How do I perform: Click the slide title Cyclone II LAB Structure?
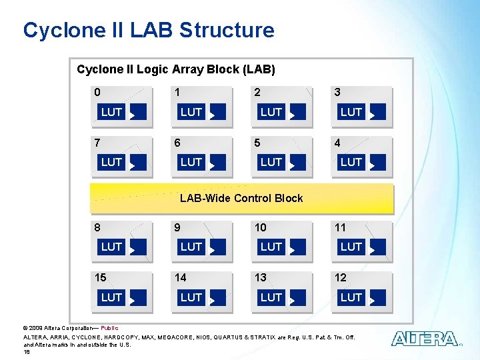(148, 30)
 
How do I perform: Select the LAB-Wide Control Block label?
(241, 198)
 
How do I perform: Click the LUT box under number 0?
(111, 112)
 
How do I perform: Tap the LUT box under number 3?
(351, 112)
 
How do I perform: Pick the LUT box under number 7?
(111, 162)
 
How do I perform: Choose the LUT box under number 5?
(271, 162)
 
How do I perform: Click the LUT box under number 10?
(271, 247)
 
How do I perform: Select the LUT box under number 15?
(111, 297)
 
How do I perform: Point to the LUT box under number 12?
(351, 297)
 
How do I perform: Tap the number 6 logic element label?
(177, 143)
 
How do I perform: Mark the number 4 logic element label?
(337, 143)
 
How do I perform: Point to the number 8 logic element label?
(97, 227)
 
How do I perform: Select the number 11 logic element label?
(340, 227)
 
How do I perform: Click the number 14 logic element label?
(180, 278)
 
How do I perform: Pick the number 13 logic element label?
(260, 278)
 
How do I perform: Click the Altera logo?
(425, 339)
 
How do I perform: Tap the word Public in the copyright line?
(109, 328)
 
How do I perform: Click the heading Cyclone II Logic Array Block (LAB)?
(176, 69)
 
